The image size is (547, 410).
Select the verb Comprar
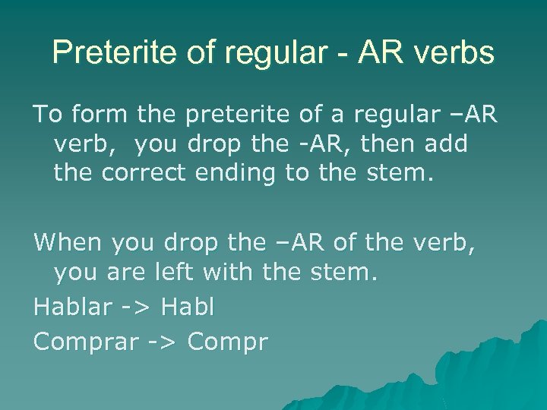click(x=84, y=342)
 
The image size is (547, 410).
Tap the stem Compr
click(x=227, y=342)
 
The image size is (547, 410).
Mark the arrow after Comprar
click(x=160, y=343)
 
